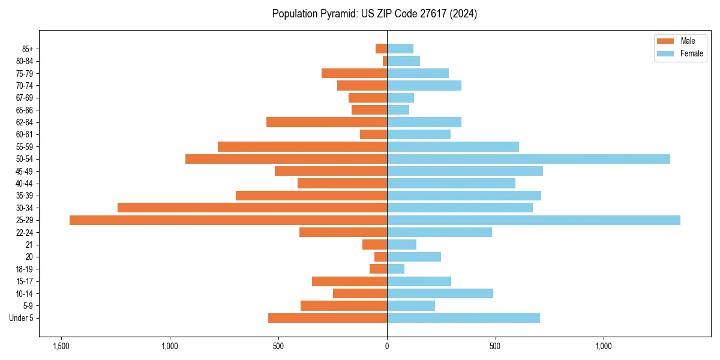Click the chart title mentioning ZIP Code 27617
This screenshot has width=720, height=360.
point(374,14)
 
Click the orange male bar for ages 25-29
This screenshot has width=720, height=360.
point(228,220)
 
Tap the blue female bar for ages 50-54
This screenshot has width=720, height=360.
point(528,159)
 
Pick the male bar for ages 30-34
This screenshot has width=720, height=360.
point(252,208)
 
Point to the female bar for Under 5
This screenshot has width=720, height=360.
point(463,318)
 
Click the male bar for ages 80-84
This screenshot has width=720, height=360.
point(385,61)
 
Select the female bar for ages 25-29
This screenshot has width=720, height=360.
point(533,220)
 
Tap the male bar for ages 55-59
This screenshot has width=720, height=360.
point(302,146)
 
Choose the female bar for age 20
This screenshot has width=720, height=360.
point(414,257)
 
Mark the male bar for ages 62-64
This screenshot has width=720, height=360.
point(326,122)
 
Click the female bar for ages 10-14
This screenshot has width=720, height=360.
point(440,293)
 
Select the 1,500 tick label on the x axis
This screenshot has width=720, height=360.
point(61,346)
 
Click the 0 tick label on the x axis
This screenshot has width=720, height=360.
point(387,346)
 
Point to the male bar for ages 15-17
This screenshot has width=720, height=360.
point(349,281)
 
